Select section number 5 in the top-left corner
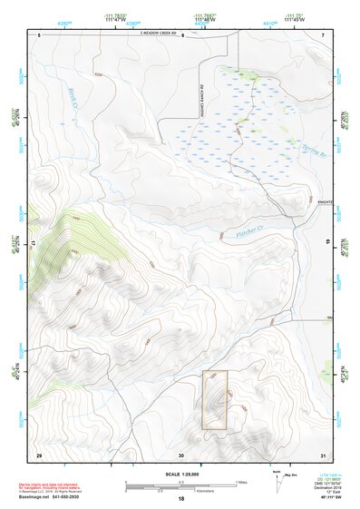(40, 34)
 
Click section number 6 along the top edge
(182, 34)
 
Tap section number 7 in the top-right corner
(323, 34)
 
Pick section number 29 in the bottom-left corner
(39, 454)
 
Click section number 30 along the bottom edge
(181, 454)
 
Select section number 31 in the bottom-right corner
(323, 454)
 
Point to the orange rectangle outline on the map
(214, 399)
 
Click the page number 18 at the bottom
(180, 498)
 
